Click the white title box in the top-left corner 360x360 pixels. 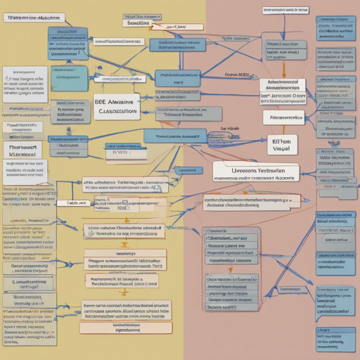tap(31, 15)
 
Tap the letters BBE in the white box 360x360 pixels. tap(102, 101)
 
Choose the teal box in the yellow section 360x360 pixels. tap(187, 170)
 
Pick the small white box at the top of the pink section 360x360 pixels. tap(285, 11)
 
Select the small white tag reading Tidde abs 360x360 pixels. tap(77, 202)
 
